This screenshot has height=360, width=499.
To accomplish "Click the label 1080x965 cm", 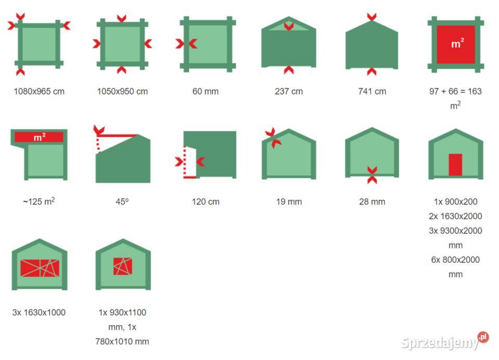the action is [x=39, y=91].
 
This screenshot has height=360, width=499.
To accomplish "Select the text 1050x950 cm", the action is [x=123, y=91].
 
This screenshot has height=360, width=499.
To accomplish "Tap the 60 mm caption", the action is [x=206, y=91].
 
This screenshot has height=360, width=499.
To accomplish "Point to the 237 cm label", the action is [x=289, y=91].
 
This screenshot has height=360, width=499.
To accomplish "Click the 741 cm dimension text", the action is [x=372, y=91].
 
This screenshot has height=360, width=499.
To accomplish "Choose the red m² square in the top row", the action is [x=456, y=45].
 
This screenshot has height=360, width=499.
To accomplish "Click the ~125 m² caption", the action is [x=39, y=202].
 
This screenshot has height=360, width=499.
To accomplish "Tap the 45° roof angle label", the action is [x=122, y=202].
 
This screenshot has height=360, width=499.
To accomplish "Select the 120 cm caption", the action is [x=206, y=202].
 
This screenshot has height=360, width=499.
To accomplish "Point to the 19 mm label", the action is [x=289, y=202].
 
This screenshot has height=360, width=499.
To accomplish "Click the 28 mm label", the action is [x=372, y=202].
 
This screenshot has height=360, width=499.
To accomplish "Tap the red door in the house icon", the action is [x=455, y=165].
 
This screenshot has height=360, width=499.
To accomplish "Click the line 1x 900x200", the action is [x=455, y=202].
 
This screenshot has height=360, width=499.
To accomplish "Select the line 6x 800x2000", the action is [x=455, y=260].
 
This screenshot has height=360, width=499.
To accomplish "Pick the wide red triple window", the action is [x=40, y=268].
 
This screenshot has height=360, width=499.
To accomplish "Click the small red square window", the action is [x=123, y=266].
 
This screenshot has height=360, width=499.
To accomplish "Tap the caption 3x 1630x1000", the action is [x=39, y=312].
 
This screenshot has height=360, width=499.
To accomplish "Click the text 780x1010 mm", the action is [x=122, y=341].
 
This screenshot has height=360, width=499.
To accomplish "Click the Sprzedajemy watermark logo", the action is [x=444, y=341].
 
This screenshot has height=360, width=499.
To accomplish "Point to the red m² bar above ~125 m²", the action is [x=39, y=137].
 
